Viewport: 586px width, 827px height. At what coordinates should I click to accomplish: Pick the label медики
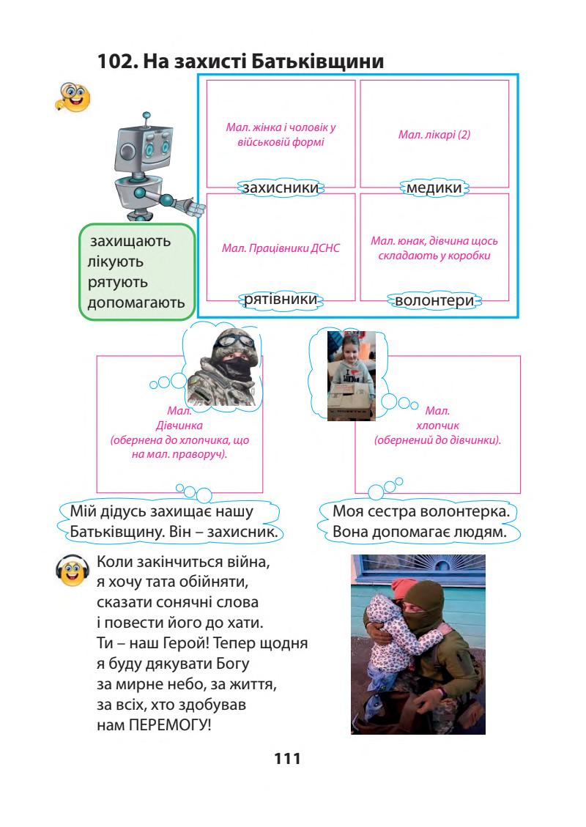[x=434, y=188]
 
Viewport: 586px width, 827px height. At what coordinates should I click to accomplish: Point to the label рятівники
[x=281, y=300]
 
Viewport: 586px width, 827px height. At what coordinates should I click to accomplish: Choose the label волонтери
[x=434, y=301]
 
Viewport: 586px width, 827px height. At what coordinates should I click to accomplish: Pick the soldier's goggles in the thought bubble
[x=218, y=343]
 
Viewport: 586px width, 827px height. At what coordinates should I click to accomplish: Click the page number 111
[x=287, y=759]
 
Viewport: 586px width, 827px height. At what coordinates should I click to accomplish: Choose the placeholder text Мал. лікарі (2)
[x=434, y=135]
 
